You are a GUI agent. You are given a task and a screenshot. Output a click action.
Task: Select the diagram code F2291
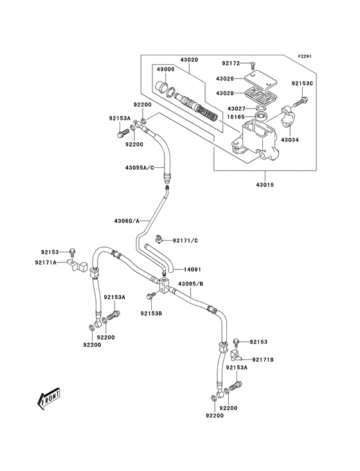305,57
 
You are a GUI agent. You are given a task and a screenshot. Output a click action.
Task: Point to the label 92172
231,63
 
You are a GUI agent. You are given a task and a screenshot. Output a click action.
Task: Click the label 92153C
301,84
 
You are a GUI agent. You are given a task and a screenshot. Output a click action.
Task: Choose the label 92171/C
186,240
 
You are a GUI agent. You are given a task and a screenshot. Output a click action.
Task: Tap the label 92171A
47,262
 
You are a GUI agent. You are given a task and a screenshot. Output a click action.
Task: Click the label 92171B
263,359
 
